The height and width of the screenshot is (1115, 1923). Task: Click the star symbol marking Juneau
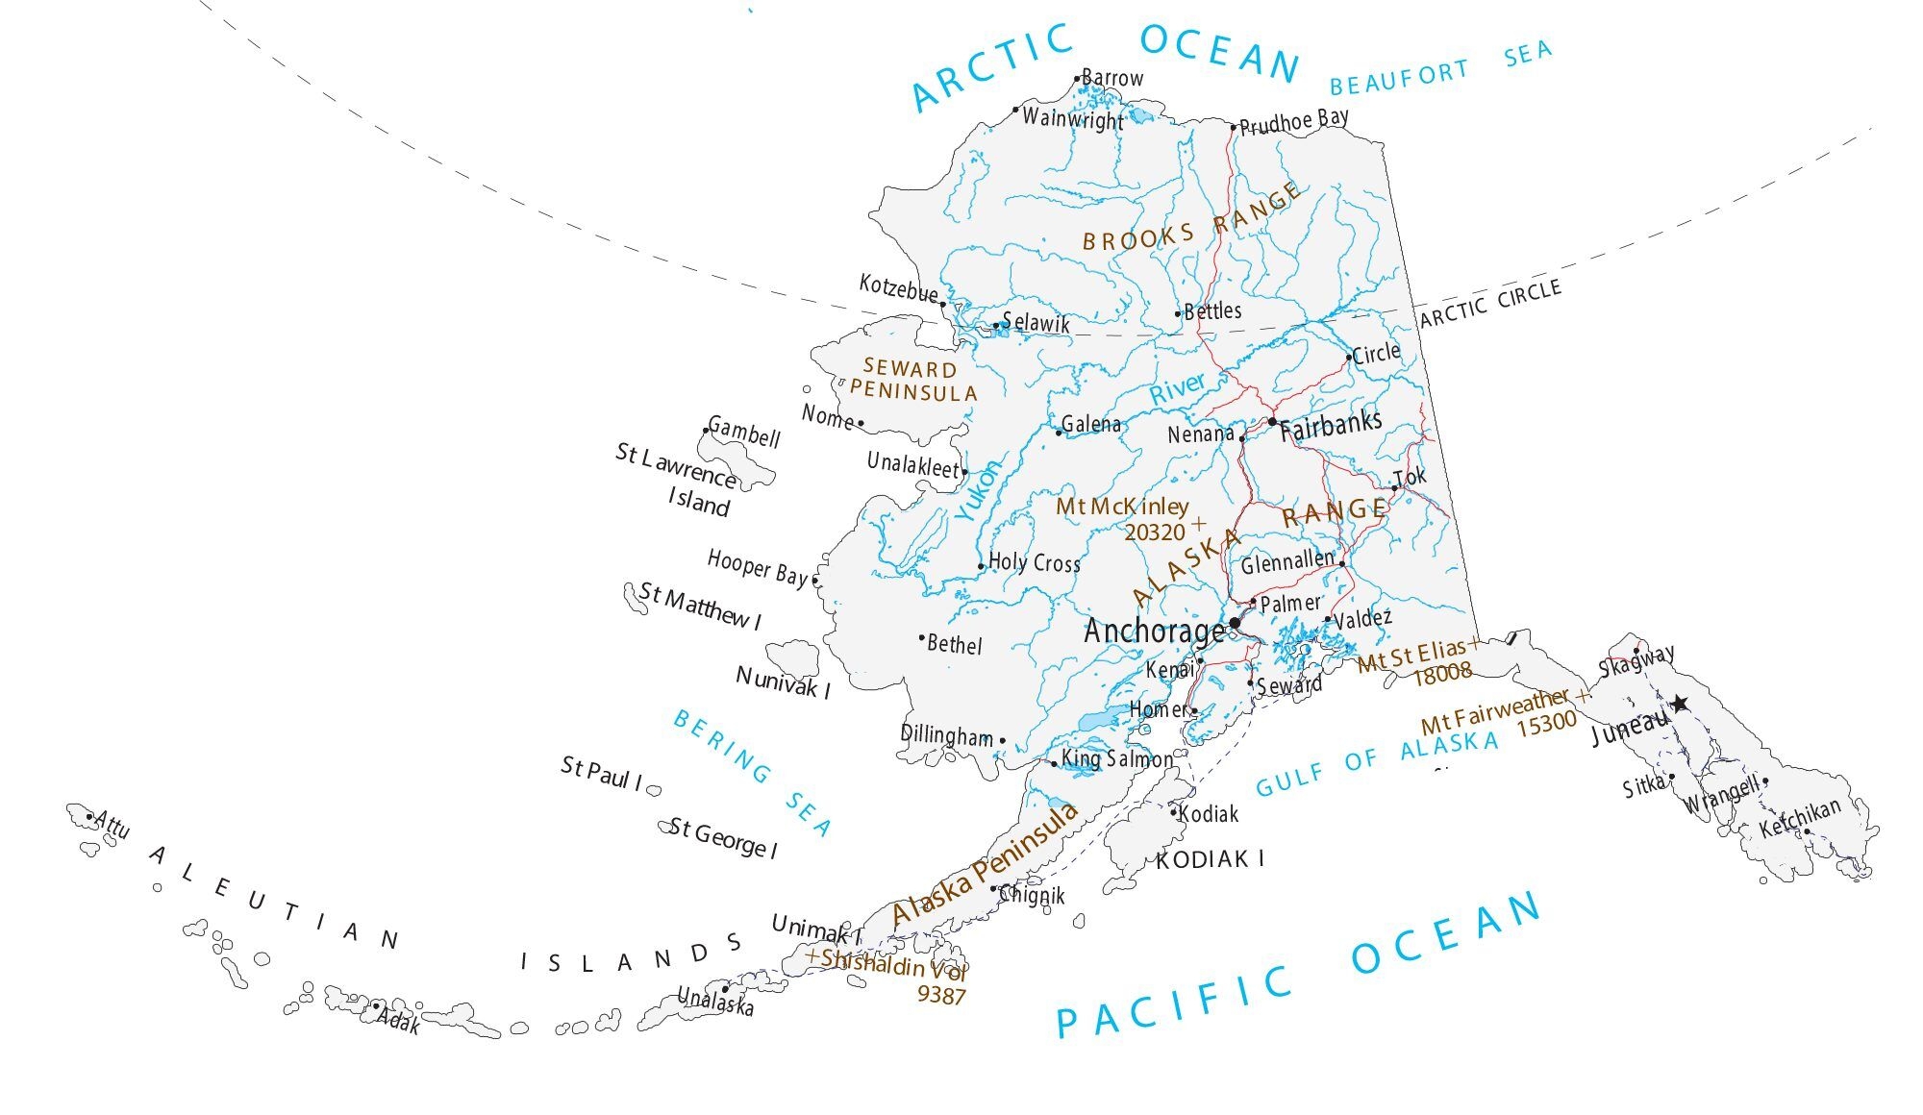click(1679, 704)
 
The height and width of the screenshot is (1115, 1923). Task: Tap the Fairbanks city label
click(1331, 426)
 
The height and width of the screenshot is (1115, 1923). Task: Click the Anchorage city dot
click(1235, 623)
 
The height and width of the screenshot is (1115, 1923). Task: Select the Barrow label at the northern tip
click(1112, 78)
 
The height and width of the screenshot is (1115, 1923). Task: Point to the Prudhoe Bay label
click(1294, 122)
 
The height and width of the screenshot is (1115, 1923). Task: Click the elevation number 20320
click(1154, 532)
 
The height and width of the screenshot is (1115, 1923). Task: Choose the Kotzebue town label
click(898, 287)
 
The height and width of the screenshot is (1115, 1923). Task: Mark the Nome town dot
click(861, 423)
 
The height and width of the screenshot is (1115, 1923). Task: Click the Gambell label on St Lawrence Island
click(744, 434)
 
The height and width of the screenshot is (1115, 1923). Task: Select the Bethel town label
click(954, 644)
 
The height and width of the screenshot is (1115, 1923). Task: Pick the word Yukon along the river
click(979, 491)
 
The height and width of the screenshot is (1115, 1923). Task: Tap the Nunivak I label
click(783, 682)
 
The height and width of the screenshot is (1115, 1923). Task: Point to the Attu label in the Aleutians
click(112, 825)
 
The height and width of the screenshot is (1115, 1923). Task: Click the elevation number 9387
click(940, 996)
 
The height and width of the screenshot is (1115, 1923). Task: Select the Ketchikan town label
click(1800, 818)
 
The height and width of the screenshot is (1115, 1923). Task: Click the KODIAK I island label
click(1210, 859)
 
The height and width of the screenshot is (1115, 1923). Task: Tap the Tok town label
click(1411, 477)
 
